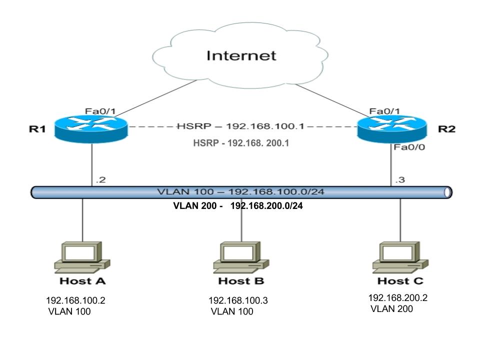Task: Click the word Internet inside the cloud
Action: tap(241, 55)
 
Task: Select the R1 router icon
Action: tap(91, 129)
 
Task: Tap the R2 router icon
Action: tap(392, 129)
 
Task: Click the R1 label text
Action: tap(37, 129)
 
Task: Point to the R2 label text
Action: tap(446, 129)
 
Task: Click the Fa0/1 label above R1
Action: tap(100, 111)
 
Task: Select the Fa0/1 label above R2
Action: tap(384, 111)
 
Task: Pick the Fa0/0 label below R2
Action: tap(409, 147)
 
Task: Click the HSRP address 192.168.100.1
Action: tap(265, 126)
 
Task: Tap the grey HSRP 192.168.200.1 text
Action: tap(241, 143)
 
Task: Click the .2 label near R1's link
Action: tap(100, 179)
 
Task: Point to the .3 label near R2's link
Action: tap(400, 179)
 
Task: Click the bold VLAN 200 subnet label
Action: tap(238, 205)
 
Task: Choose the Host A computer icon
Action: tap(82, 257)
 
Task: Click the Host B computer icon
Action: tap(241, 257)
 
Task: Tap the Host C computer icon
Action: tap(400, 257)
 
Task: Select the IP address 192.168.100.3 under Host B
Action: tap(238, 300)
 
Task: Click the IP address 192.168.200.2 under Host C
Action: tap(398, 298)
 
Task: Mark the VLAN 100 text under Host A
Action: tap(69, 311)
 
